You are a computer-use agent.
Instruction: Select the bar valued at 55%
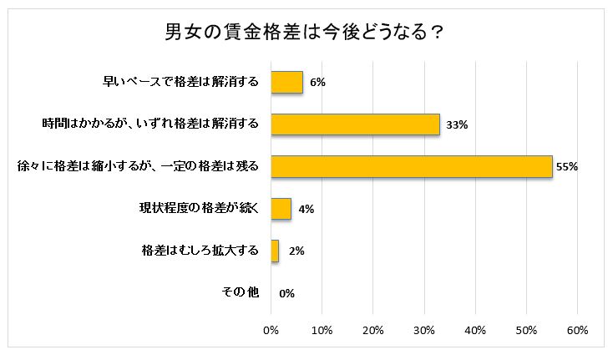(412, 166)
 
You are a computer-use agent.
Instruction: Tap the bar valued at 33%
(356, 124)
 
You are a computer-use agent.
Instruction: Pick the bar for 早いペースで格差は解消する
(287, 82)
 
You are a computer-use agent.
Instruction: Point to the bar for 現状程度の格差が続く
(281, 208)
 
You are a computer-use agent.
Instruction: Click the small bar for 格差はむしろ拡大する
(276, 250)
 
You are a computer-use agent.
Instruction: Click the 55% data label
(567, 166)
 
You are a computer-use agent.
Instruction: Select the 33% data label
(456, 124)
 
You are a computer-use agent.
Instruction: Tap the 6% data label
(317, 82)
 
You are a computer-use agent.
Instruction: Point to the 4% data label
(306, 208)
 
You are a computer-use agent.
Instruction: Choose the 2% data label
(295, 250)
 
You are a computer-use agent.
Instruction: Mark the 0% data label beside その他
(287, 292)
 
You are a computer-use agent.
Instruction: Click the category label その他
(241, 292)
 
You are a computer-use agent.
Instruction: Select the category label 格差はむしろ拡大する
(200, 250)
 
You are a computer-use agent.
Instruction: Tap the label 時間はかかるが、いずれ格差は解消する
(150, 124)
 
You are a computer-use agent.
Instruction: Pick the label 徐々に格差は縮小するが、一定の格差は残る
(139, 166)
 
